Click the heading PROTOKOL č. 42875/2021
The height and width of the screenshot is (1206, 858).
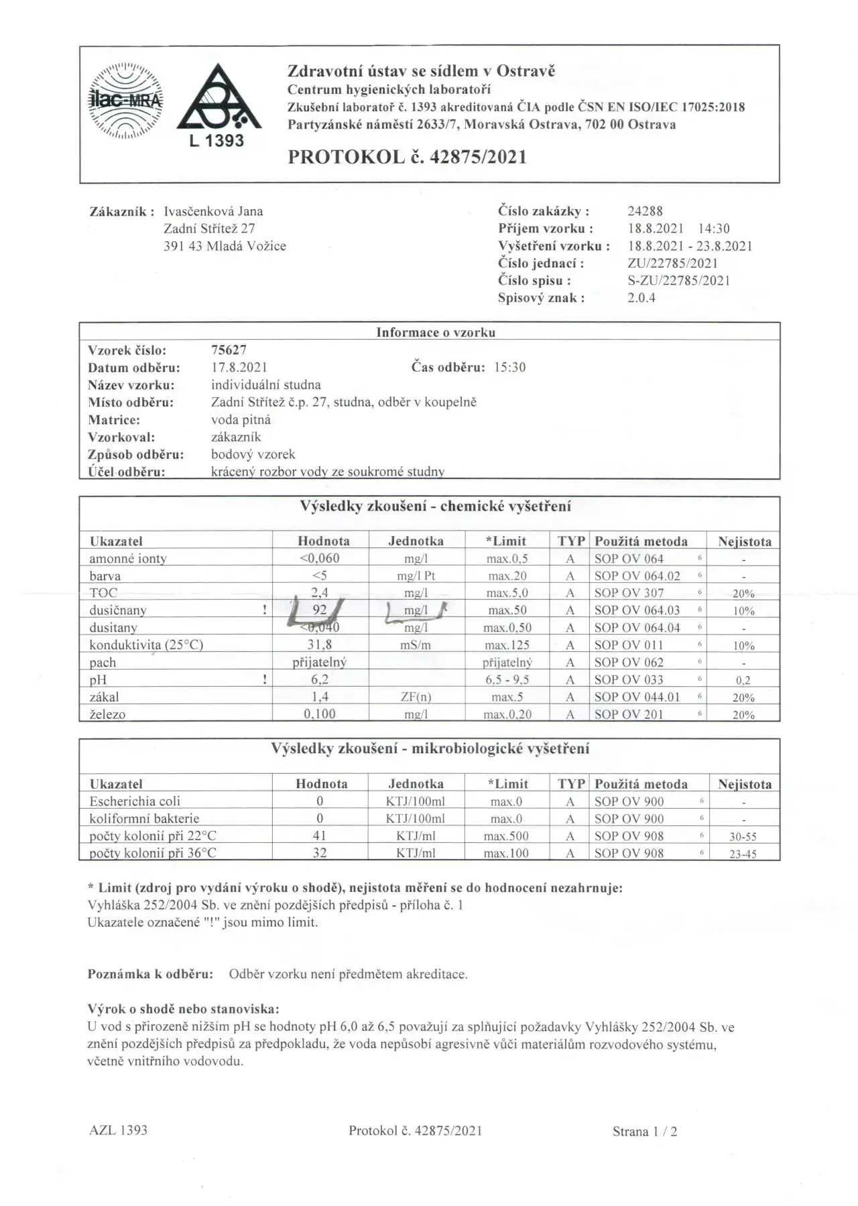pyautogui.click(x=407, y=157)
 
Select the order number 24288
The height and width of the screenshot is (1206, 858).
pyautogui.click(x=645, y=211)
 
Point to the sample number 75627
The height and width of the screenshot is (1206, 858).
pyautogui.click(x=229, y=350)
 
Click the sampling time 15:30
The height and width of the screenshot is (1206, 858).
pyautogui.click(x=509, y=367)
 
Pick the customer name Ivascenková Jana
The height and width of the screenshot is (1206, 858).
pyautogui.click(x=213, y=211)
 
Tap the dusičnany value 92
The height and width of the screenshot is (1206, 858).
pyautogui.click(x=320, y=610)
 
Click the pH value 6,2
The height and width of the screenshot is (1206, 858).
pyautogui.click(x=320, y=679)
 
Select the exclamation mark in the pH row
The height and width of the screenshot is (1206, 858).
pyautogui.click(x=265, y=679)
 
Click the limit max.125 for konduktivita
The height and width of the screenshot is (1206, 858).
pyautogui.click(x=507, y=645)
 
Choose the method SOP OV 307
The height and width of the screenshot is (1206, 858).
pyautogui.click(x=629, y=593)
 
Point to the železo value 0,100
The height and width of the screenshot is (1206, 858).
pyautogui.click(x=320, y=714)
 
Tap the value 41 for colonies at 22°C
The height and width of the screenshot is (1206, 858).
pyautogui.click(x=320, y=836)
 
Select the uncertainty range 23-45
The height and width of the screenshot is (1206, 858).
pyautogui.click(x=743, y=854)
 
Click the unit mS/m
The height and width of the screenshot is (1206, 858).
pyautogui.click(x=416, y=645)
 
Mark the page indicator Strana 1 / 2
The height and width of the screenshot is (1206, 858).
pyautogui.click(x=645, y=1132)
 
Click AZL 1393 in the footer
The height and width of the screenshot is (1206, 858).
pyautogui.click(x=118, y=1130)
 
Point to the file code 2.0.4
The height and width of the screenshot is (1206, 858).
pyautogui.click(x=641, y=298)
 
